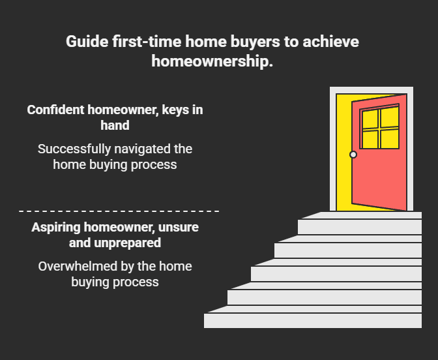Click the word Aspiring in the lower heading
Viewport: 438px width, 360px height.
point(55,228)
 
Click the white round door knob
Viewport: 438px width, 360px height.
point(353,155)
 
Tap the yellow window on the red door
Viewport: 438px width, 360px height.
point(379,128)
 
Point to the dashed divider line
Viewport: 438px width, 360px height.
point(119,211)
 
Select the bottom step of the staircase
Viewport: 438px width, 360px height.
point(313,320)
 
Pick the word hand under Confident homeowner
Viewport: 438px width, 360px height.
point(115,125)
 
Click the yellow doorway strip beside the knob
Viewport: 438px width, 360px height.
point(343,176)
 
